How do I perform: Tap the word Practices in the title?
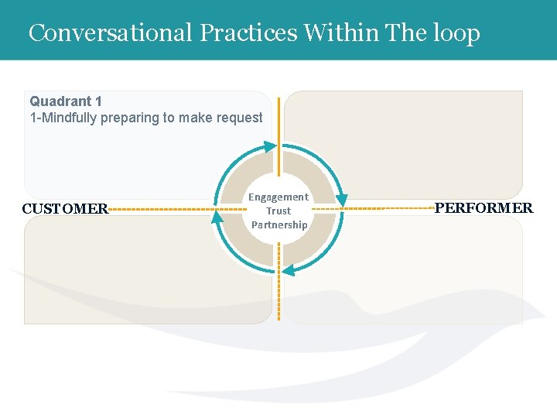(x=248, y=33)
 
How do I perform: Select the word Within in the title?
(x=340, y=33)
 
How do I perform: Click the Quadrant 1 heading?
(x=66, y=101)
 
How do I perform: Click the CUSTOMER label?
(x=65, y=208)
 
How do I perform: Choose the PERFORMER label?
(x=484, y=207)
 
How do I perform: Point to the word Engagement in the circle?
(x=278, y=197)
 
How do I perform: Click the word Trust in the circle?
(x=278, y=211)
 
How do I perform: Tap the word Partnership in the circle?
(x=279, y=224)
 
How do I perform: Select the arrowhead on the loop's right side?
(x=342, y=200)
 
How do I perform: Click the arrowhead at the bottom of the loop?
(x=288, y=270)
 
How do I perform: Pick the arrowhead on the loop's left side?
(x=217, y=217)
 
